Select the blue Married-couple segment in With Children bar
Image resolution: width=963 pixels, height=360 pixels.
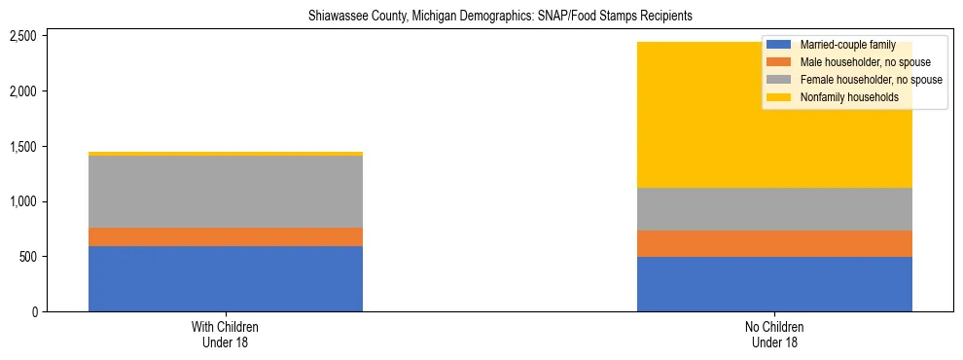coord(226,278)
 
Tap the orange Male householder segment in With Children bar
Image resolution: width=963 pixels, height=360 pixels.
coord(226,236)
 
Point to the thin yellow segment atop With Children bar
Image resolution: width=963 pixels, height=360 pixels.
coord(226,154)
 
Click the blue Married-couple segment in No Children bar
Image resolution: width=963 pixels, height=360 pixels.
coord(774,284)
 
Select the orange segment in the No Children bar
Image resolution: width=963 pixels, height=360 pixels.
coord(774,243)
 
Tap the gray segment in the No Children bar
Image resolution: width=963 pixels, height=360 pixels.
coord(774,209)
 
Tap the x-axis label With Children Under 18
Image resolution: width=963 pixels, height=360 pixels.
coord(226,335)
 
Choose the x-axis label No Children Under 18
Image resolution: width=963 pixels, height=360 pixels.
coord(774,335)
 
